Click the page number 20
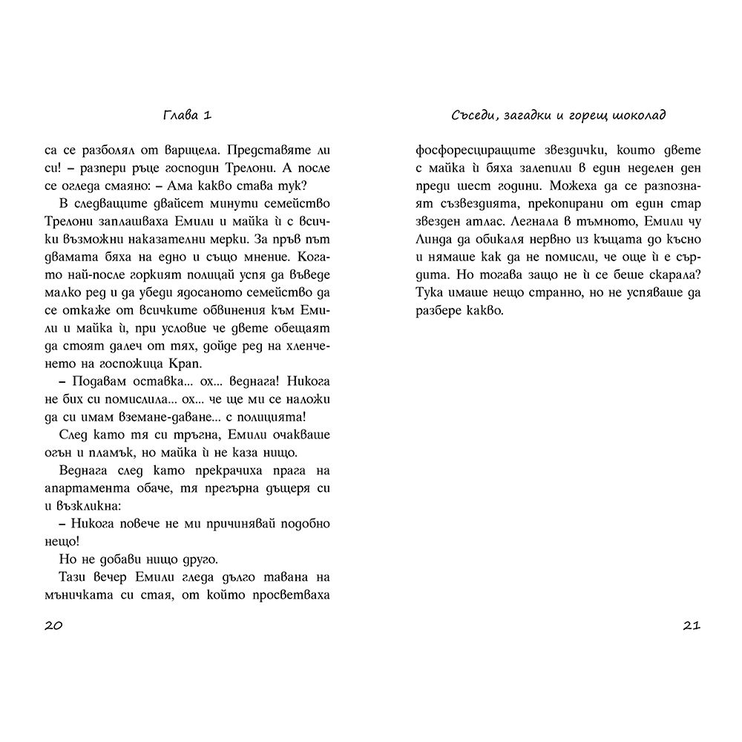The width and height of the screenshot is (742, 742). click(53, 625)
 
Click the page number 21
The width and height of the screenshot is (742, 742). click(691, 625)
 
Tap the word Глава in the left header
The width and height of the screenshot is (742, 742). click(179, 115)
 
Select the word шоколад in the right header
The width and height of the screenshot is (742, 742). click(636, 115)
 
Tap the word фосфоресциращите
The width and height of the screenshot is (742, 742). click(463, 150)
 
